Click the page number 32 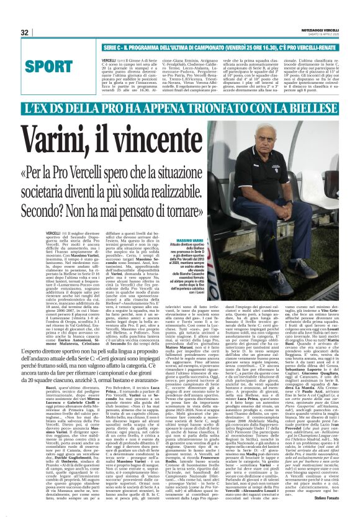click(24, 32)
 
